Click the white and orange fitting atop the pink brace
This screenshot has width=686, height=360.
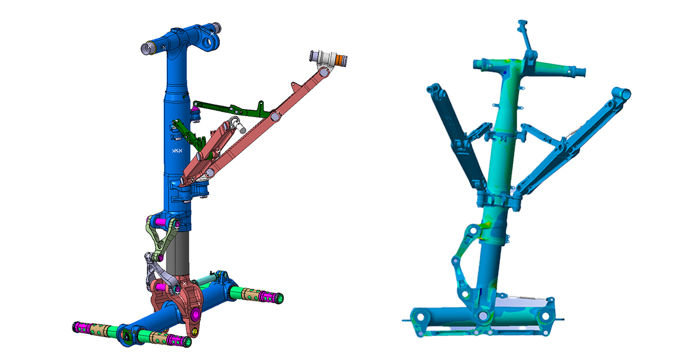[x=329, y=58]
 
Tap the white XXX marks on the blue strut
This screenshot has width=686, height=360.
[x=177, y=151]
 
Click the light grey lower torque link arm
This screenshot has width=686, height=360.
[x=153, y=269]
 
